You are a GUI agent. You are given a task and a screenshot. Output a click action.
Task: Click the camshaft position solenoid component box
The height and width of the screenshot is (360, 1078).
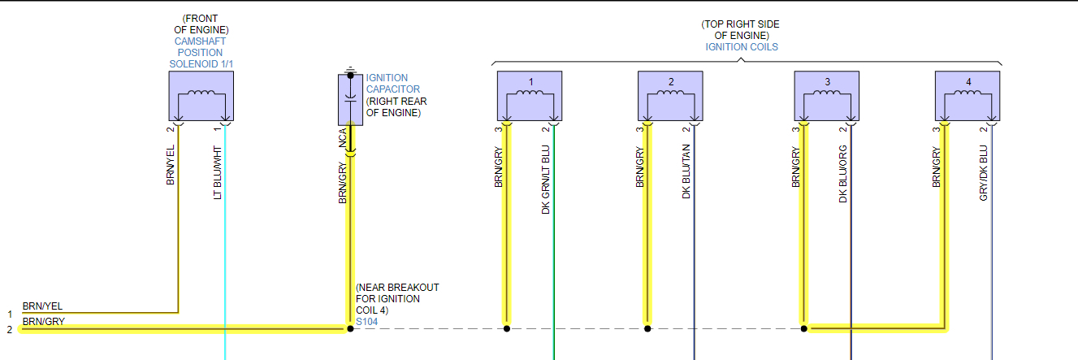(201, 95)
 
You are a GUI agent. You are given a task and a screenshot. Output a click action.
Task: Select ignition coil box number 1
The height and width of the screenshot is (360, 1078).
(530, 95)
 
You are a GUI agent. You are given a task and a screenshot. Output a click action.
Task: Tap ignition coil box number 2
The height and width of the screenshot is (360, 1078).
(670, 95)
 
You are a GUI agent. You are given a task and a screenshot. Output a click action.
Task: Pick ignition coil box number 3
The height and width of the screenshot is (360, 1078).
(826, 95)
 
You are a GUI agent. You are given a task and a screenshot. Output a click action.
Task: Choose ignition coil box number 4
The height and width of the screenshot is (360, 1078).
(967, 95)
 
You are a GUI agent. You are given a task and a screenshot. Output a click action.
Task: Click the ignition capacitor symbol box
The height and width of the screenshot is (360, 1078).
(350, 98)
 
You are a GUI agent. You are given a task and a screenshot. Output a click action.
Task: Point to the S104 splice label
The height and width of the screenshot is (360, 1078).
(366, 322)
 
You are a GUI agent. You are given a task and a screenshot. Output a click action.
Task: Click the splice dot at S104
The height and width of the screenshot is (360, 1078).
(350, 328)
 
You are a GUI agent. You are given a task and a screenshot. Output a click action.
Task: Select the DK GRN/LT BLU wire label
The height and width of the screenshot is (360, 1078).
(546, 180)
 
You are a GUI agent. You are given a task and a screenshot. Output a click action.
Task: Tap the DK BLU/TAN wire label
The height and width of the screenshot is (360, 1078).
(686, 171)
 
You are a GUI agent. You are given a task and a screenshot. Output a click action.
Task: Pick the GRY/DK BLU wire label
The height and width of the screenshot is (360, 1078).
(984, 173)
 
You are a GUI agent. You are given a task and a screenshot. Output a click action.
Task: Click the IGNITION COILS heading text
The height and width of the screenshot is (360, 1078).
(741, 47)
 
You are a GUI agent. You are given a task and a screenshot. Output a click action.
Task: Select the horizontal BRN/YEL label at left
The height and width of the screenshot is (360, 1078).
(42, 306)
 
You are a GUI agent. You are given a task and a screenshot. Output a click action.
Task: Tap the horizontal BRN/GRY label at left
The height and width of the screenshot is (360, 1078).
(42, 322)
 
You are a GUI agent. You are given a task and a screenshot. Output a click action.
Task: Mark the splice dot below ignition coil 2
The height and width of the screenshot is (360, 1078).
(647, 328)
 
